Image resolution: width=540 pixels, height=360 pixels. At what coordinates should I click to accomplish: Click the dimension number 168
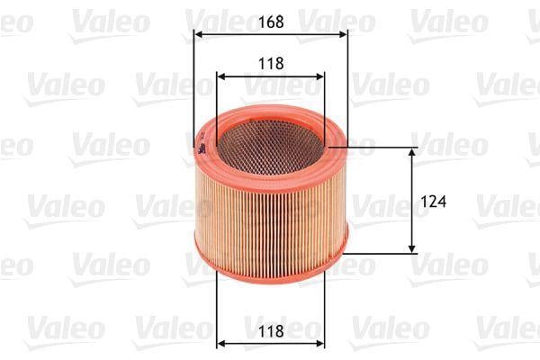coord(271,22)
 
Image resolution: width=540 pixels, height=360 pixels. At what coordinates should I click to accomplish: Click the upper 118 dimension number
coord(271,63)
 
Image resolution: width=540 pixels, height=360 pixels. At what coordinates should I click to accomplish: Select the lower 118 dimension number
coord(271,331)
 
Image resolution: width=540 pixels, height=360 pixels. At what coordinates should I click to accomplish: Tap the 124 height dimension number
coord(434,202)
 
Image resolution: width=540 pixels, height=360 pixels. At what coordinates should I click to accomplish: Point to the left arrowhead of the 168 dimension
coord(198,34)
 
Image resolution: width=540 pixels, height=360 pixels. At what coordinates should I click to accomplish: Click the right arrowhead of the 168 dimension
coord(343,34)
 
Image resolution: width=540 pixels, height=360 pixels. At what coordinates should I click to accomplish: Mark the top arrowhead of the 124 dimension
coord(411,152)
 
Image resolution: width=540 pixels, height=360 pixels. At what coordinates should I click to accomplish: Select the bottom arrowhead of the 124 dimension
coord(411,249)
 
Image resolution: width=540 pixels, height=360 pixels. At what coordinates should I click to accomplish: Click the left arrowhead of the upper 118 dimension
coord(221,76)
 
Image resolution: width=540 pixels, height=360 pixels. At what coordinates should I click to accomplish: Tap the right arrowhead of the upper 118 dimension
coord(319,76)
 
